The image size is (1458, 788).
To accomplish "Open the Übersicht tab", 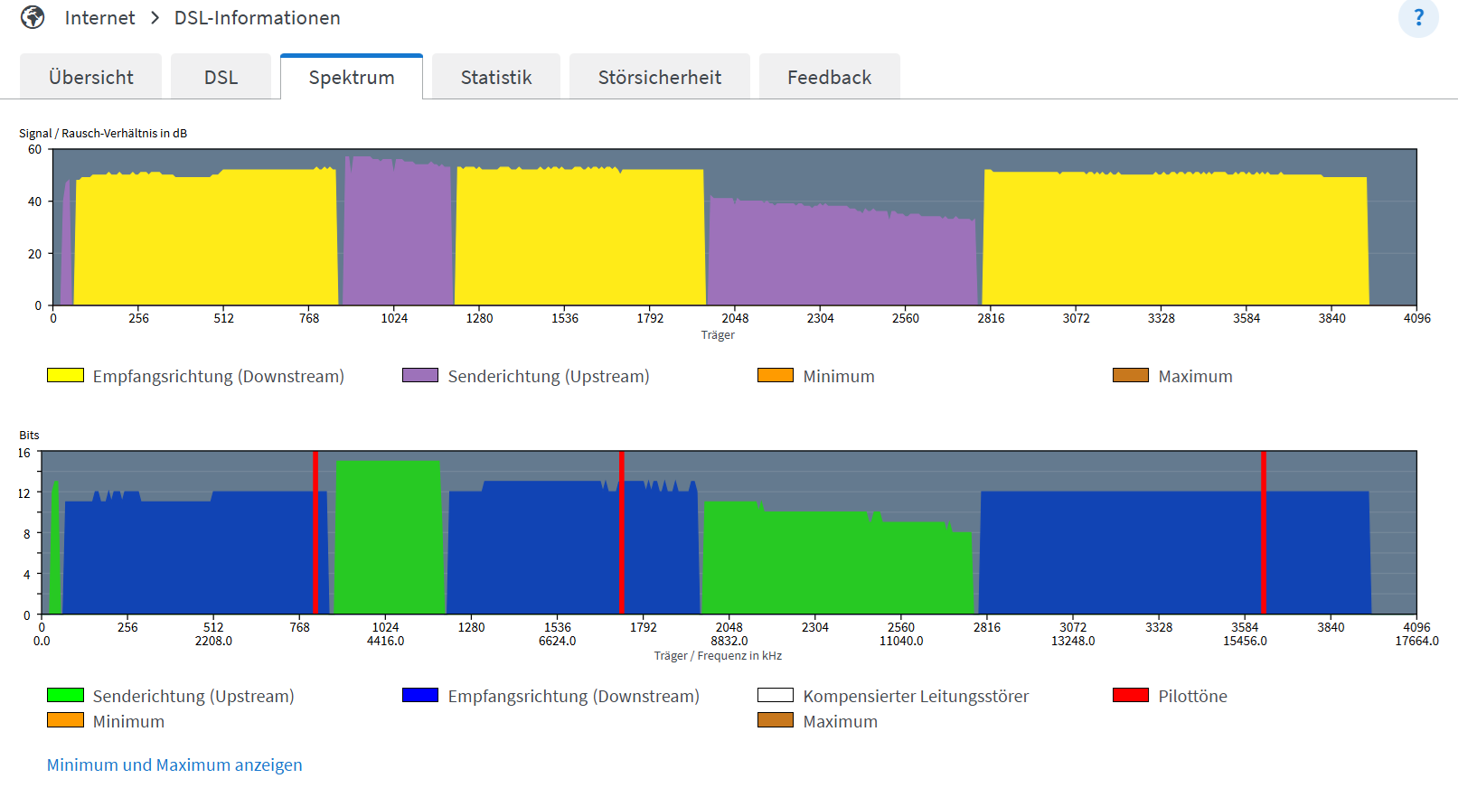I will click(90, 78).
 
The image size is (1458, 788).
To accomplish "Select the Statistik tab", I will click(495, 78).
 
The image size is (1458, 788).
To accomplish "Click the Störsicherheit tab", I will click(659, 78).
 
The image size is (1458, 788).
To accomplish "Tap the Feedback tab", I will click(829, 78).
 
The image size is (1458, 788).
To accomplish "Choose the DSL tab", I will click(221, 78).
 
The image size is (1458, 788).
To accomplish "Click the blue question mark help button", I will click(1417, 18).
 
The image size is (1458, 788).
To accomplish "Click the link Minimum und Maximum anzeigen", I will click(174, 765).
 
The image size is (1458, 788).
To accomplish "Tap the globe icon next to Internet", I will click(33, 18).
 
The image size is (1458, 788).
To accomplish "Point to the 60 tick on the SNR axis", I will click(34, 149).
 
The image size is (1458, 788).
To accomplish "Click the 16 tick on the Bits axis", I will click(24, 453).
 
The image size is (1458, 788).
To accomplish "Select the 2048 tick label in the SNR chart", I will click(735, 318).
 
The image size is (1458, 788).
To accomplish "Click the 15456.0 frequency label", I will click(1245, 641).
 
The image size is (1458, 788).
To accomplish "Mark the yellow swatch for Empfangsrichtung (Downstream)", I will click(65, 375).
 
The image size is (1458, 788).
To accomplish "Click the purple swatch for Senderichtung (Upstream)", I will click(420, 375).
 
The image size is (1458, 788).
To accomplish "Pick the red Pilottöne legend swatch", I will click(1130, 695).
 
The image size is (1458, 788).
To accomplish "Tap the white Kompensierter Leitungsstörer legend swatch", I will click(775, 695).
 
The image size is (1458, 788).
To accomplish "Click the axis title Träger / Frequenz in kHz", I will click(718, 656).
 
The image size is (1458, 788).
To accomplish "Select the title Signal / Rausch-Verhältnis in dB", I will click(103, 133).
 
